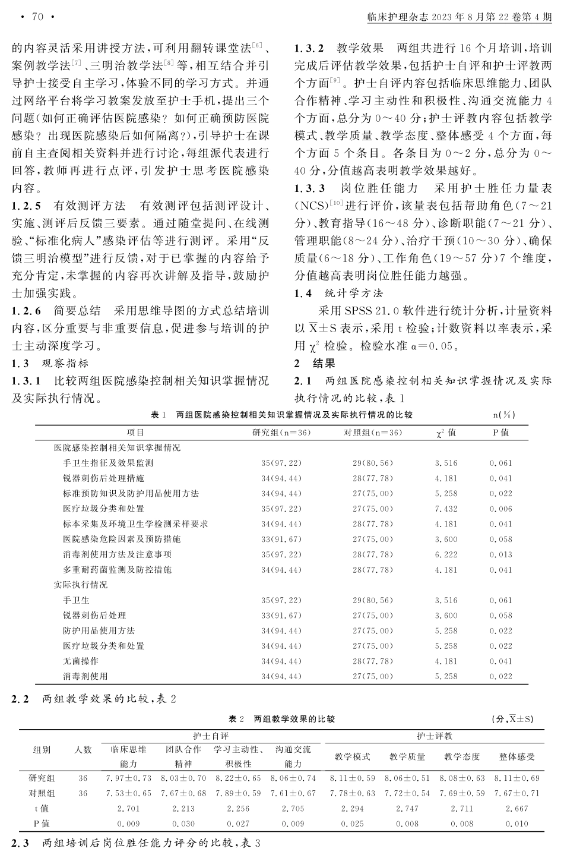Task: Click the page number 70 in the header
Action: pos(37,17)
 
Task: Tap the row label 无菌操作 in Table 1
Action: pos(81,661)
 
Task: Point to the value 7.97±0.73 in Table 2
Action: pos(129,778)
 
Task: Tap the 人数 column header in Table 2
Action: pos(83,750)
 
